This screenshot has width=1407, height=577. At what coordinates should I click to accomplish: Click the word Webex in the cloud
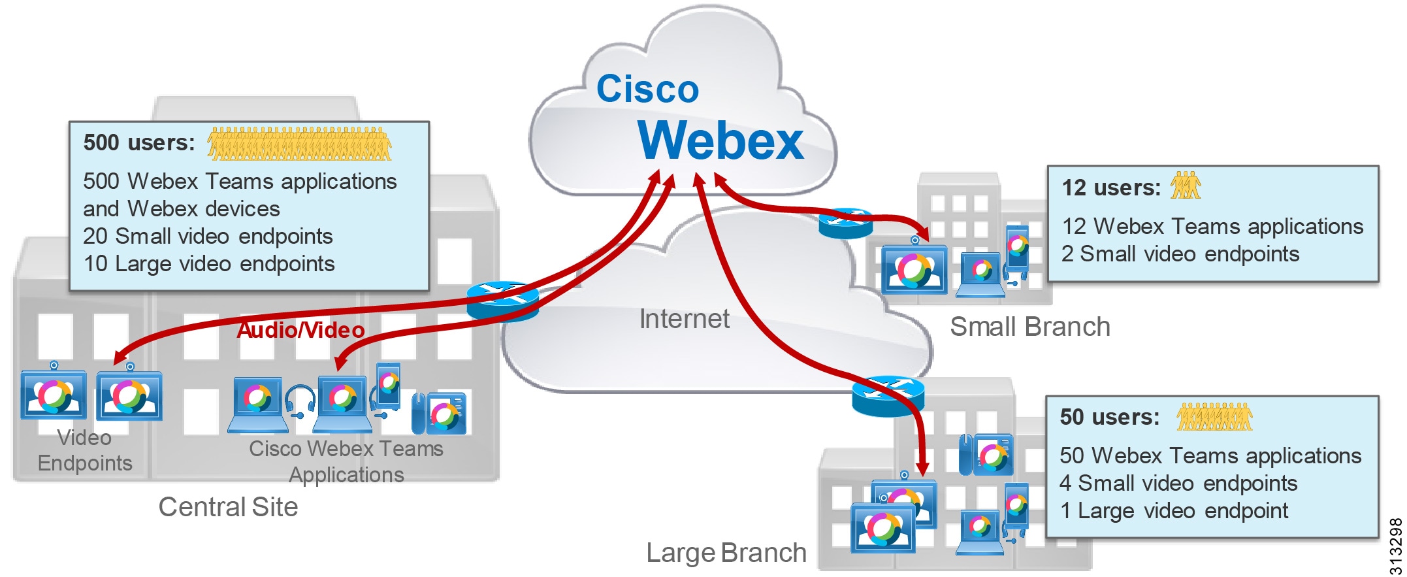pos(720,140)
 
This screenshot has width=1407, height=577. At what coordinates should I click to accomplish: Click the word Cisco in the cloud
pos(647,89)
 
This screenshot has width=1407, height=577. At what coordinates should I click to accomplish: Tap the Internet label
pos(684,319)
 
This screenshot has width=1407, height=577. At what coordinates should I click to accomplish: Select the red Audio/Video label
pos(300,330)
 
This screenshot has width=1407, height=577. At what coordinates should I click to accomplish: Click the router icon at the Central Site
pos(502,301)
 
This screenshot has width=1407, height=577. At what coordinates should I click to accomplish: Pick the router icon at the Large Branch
pos(887,396)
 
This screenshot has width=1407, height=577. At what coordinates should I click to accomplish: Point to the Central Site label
pos(228,507)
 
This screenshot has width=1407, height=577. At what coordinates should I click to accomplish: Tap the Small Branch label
pos(1029,327)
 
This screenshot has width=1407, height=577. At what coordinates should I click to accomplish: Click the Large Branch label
pos(726,553)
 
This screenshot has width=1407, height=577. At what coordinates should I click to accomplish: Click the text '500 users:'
pos(139,142)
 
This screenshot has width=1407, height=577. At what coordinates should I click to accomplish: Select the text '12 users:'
pos(1110,188)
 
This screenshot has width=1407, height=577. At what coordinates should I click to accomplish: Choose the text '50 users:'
pos(1109,417)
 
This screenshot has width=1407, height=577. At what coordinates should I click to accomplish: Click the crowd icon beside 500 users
pos(299,144)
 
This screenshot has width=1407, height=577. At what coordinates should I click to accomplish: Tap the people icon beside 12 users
pos(1185,186)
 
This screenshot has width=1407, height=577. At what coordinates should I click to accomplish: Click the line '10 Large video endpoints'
pos(209,264)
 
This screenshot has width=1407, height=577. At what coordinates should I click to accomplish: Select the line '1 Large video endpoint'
pos(1173,510)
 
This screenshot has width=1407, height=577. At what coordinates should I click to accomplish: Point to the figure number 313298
pos(1395,546)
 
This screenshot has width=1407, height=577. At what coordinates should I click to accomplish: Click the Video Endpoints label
pos(85,450)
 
